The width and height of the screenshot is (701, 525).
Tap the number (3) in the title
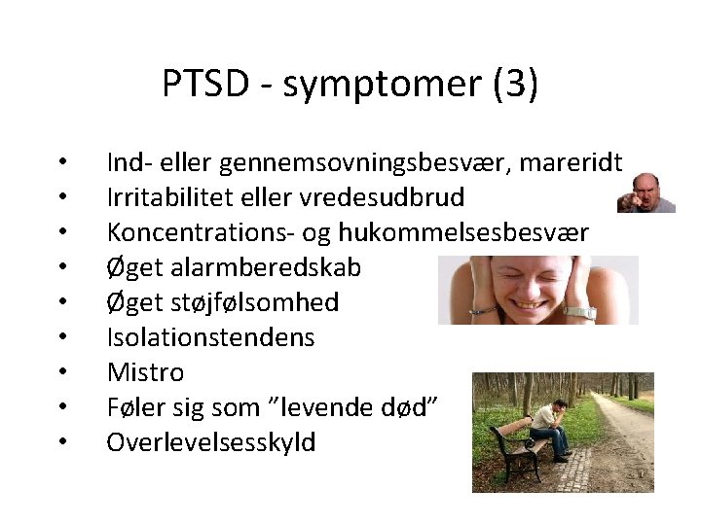(x=515, y=85)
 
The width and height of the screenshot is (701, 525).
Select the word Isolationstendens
(x=210, y=336)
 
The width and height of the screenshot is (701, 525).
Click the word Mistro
(x=145, y=371)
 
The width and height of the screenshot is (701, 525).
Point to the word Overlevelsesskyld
(x=210, y=441)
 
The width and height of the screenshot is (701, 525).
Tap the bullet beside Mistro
(x=61, y=373)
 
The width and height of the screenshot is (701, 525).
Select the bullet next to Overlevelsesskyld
(x=61, y=443)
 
